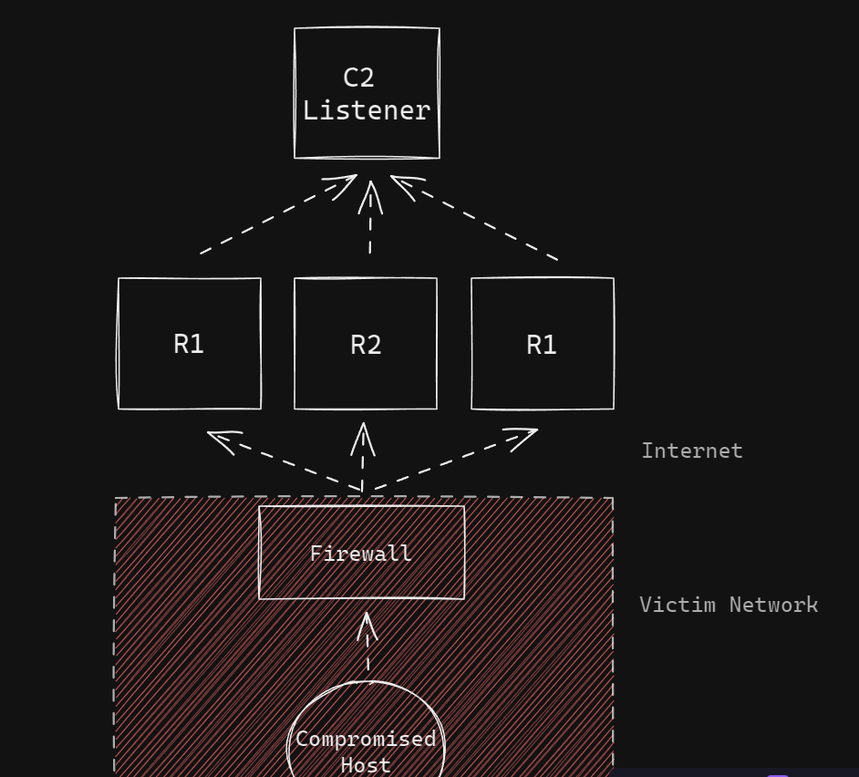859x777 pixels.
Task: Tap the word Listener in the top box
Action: tap(367, 110)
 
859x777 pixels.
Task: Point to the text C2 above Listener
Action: tap(358, 78)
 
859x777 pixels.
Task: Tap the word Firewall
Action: tap(361, 554)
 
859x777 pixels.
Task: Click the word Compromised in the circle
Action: tap(366, 739)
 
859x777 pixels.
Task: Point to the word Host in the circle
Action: tap(366, 764)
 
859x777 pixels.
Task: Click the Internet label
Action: tap(692, 451)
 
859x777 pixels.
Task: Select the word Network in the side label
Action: tap(773, 605)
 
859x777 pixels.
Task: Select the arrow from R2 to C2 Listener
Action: tap(371, 219)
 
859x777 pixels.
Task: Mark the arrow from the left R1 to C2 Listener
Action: tap(274, 217)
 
